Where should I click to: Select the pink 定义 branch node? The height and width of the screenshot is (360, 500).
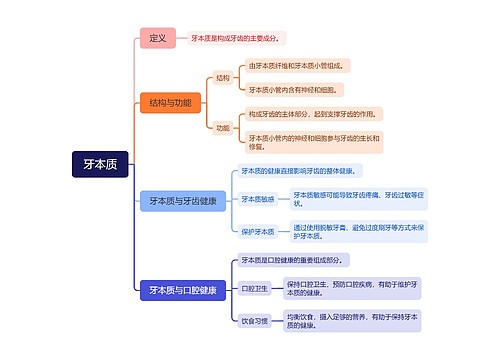pos(158,38)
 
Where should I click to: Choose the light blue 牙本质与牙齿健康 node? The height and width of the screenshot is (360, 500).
pos(183,201)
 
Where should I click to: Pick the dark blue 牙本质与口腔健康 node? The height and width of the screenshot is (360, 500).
pos(183,290)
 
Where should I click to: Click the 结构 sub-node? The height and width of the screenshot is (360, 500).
pos(223,77)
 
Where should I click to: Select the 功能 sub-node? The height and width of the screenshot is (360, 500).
pos(223,127)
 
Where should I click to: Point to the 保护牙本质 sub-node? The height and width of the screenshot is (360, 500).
pos(258,231)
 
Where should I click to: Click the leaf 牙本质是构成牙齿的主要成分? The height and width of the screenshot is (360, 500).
pos(236,38)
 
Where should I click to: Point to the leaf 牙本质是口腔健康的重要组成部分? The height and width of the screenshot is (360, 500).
pos(291,259)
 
